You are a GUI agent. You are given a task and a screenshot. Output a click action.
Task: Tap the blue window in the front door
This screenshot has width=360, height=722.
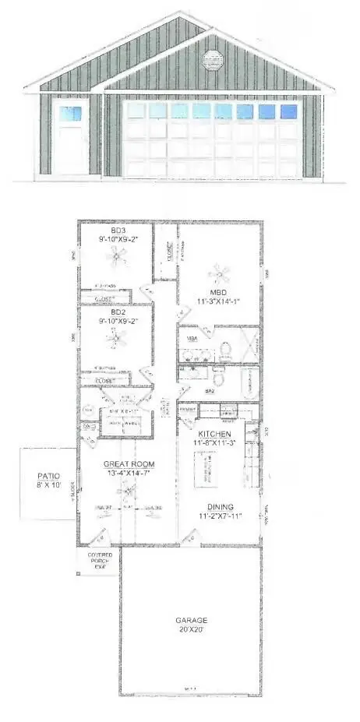click(71, 112)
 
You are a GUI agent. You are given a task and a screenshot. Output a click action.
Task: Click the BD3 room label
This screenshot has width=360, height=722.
click(118, 231)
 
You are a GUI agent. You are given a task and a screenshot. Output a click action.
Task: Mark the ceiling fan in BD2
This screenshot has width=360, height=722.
click(117, 337)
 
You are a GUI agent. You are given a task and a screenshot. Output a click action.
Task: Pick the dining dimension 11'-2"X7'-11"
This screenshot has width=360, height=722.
click(218, 516)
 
